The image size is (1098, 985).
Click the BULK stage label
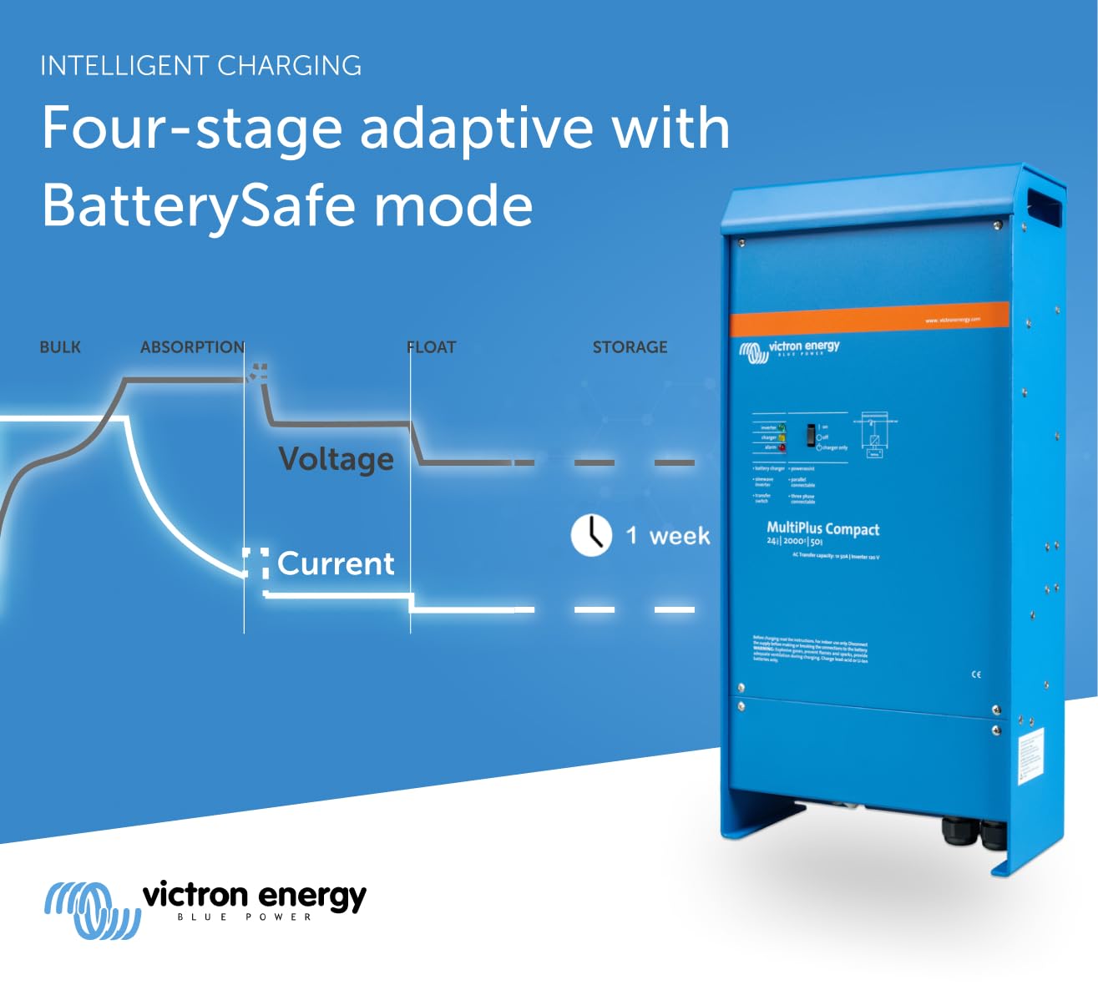point(60,347)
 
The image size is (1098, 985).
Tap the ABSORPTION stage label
point(192,347)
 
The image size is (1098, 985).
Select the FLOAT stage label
point(432,347)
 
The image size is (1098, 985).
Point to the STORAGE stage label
point(630,347)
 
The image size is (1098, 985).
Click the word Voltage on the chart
point(336,459)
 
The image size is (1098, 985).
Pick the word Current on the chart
point(336,564)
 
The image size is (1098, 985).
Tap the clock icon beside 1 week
point(591,534)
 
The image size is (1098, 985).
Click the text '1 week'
point(668,535)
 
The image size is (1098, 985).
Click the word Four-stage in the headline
point(192,129)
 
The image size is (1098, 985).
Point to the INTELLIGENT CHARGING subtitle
point(200,66)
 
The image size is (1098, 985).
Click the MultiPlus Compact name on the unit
point(822,528)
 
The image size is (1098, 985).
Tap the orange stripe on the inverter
point(868,320)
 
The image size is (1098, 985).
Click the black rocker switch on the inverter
point(809,435)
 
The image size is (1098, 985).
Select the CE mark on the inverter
point(976,674)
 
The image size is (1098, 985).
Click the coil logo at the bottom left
point(92,909)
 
